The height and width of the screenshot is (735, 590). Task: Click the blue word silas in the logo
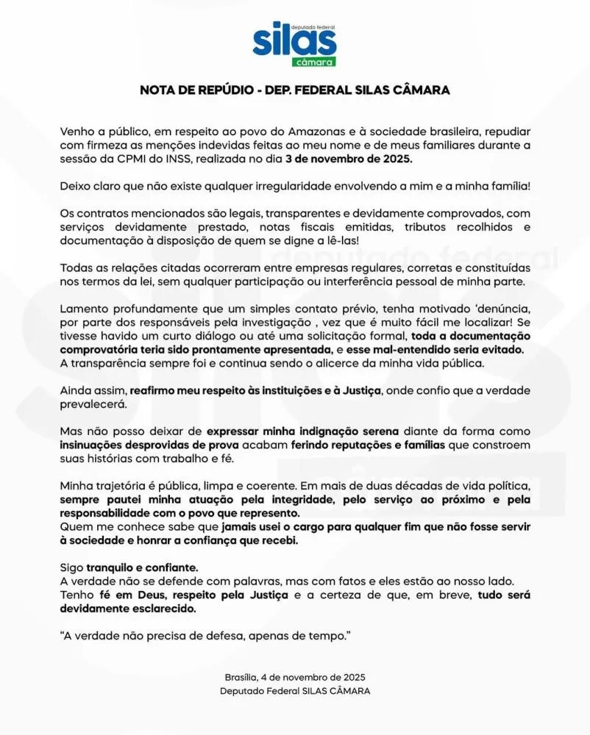(x=294, y=43)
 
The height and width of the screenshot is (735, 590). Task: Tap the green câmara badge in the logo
(x=313, y=62)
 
